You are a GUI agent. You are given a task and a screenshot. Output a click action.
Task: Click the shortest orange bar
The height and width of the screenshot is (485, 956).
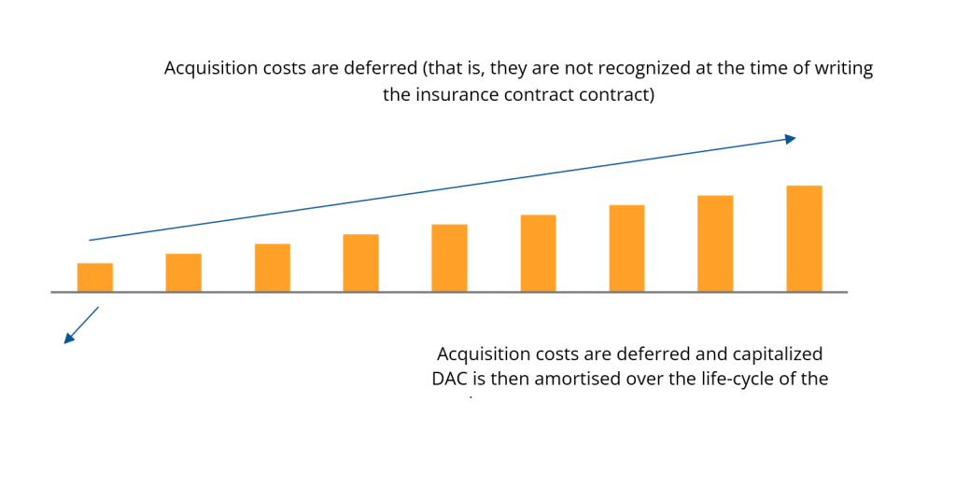94,277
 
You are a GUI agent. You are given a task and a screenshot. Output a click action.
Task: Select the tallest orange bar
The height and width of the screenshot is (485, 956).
804,239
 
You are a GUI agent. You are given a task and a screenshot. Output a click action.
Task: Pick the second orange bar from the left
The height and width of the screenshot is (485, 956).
183,272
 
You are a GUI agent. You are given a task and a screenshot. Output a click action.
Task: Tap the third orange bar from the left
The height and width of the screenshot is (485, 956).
272,268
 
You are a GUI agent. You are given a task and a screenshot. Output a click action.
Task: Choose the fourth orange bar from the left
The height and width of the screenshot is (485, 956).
360,263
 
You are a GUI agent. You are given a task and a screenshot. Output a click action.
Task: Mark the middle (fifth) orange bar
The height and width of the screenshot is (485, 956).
449,258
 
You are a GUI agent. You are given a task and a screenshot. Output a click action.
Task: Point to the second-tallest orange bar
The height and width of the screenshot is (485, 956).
715,243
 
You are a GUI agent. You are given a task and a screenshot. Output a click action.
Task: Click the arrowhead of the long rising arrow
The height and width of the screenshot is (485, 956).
790,139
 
